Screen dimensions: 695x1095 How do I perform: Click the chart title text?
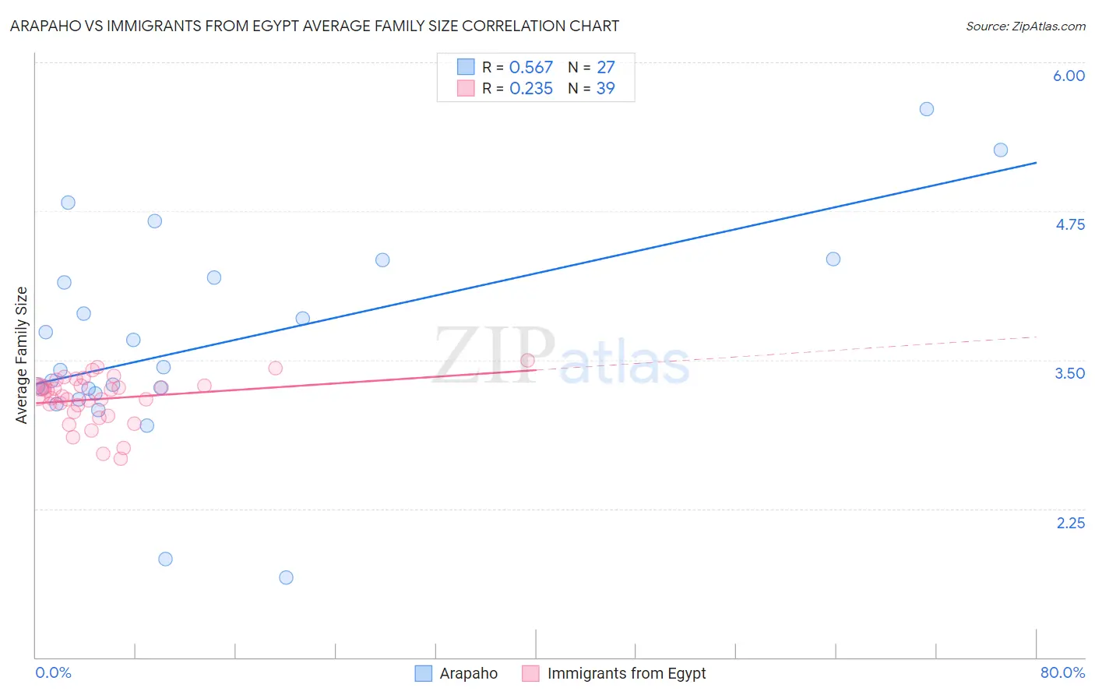pyautogui.click(x=315, y=26)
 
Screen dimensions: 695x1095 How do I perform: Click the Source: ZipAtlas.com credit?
pyautogui.click(x=1025, y=26)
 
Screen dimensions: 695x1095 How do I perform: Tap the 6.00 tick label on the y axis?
pyautogui.click(x=1069, y=76)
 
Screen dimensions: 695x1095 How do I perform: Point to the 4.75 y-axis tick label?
pyautogui.click(x=1070, y=224)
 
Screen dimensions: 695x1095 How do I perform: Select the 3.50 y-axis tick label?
pyautogui.click(x=1069, y=373)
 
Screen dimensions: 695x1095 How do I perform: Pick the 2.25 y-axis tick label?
pyautogui.click(x=1070, y=523)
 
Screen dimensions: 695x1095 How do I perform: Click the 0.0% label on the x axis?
pyautogui.click(x=53, y=672)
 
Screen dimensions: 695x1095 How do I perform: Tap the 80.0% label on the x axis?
pyautogui.click(x=1062, y=672)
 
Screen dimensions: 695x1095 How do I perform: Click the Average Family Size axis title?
pyautogui.click(x=22, y=355)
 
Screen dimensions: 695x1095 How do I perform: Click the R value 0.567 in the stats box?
pyautogui.click(x=530, y=68)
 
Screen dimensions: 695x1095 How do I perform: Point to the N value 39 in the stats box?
pyautogui.click(x=605, y=89)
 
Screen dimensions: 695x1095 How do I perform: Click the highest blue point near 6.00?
pyautogui.click(x=926, y=109)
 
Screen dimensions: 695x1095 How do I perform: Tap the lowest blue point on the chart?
pyautogui.click(x=286, y=577)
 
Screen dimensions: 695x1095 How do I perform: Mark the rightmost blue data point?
pyautogui.click(x=1001, y=150)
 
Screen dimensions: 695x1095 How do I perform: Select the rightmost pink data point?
pyautogui.click(x=527, y=360)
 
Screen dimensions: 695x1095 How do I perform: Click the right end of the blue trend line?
pyautogui.click(x=1036, y=163)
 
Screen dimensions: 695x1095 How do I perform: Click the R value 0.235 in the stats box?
pyautogui.click(x=530, y=89)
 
